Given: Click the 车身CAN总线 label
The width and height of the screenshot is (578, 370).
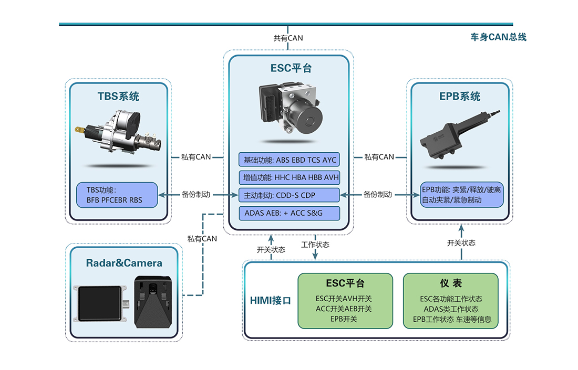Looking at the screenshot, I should click(498, 37).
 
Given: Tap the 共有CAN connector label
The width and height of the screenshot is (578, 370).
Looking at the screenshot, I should click(288, 38).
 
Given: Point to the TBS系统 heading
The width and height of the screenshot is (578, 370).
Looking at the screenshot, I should click(118, 97).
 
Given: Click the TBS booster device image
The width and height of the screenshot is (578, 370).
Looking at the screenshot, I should click(118, 132).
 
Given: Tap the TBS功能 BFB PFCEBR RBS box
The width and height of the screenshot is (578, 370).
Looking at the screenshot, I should click(117, 195).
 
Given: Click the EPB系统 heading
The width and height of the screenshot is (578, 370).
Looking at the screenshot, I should click(460, 97).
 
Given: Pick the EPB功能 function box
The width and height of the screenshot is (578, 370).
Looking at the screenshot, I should click(462, 195).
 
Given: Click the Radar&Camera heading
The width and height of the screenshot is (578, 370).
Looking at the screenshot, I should click(124, 263).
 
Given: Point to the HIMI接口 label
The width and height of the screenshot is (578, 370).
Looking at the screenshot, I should click(271, 301).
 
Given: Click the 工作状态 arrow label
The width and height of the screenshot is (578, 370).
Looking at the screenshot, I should click(315, 245).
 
